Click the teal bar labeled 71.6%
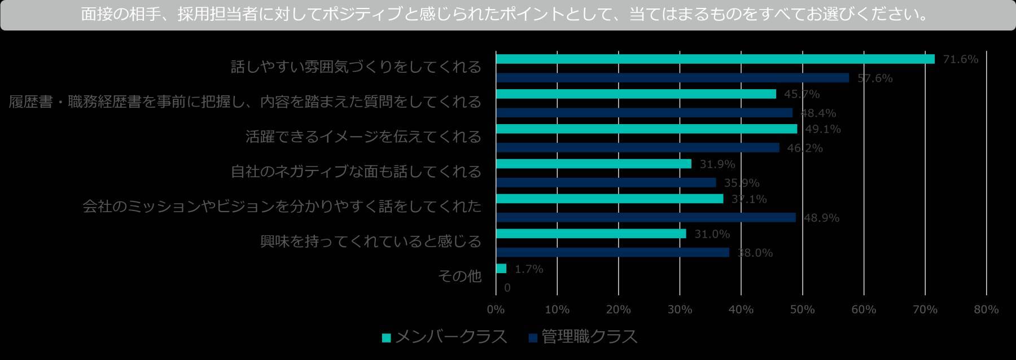click(715, 59)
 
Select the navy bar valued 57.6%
click(672, 78)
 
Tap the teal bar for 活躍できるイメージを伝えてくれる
click(646, 129)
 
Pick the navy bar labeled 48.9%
click(645, 218)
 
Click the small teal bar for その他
click(501, 269)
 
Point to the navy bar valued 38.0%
click(612, 253)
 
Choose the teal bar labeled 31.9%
click(593, 164)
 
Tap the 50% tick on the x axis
click(802, 310)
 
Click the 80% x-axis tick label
click(986, 310)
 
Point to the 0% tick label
click(496, 310)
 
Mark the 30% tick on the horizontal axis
click(680, 310)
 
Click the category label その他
click(459, 276)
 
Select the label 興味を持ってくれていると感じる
click(370, 242)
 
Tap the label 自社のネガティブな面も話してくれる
click(356, 172)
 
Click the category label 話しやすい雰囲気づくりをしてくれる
click(356, 67)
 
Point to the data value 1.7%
click(529, 269)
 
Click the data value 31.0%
click(712, 234)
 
